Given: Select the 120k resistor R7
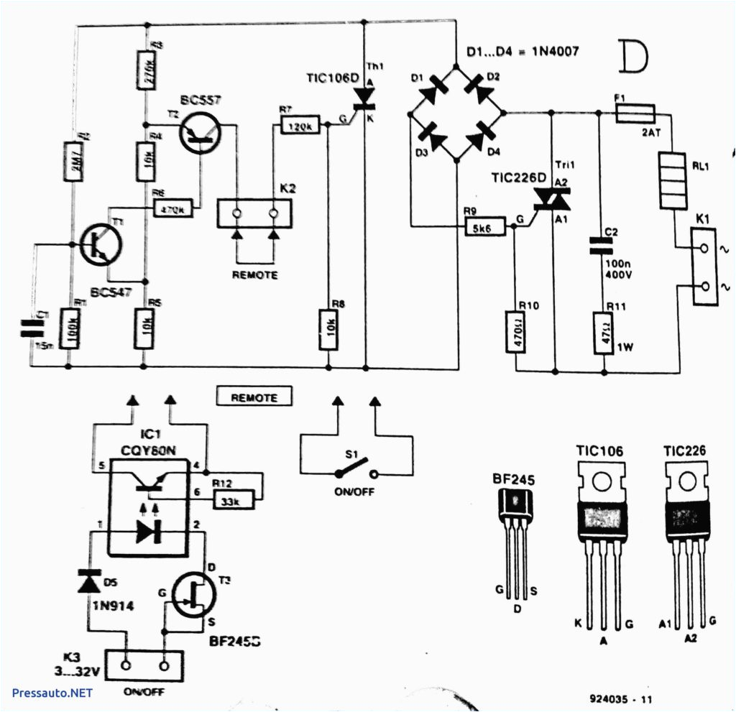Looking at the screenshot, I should pos(298,126).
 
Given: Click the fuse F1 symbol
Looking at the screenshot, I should pos(635,113).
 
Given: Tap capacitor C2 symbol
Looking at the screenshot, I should pos(602,246).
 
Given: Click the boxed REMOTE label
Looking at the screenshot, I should pos(254,397).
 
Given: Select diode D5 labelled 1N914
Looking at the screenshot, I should pos(89,581).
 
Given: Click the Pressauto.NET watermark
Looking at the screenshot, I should pos(52,693).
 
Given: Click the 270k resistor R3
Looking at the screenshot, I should pos(144,70).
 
